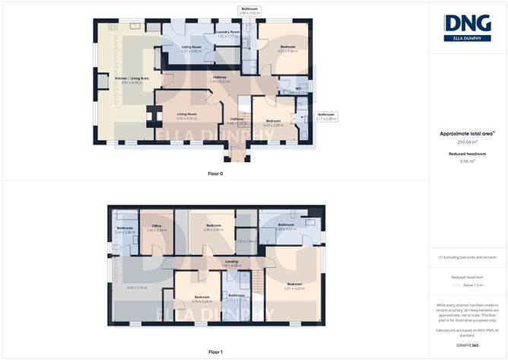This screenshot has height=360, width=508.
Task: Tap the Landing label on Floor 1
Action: [x=231, y=261]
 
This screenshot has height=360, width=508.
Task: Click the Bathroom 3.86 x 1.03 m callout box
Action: [x=250, y=11]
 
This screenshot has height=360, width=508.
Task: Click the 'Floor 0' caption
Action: [x=215, y=174]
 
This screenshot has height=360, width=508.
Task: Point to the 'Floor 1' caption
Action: [x=215, y=352]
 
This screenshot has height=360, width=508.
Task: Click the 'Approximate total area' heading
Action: [x=467, y=133]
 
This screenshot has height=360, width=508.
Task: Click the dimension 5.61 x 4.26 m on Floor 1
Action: [x=294, y=288]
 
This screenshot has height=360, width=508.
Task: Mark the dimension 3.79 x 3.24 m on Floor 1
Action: [x=202, y=301]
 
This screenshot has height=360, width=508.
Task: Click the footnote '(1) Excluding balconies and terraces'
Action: [x=468, y=257]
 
